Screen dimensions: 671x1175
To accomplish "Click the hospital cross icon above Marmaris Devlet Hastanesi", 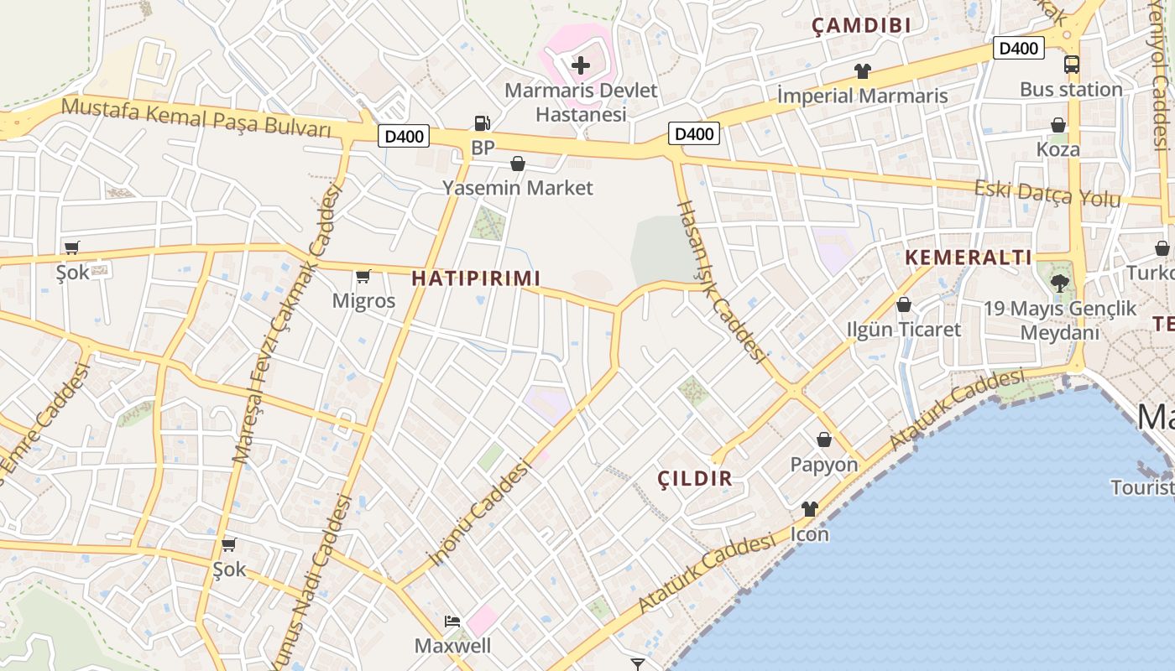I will point(580,65).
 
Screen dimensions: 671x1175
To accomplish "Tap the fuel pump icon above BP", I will point(482,123).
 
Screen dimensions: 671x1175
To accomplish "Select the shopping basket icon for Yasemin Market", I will point(518,164).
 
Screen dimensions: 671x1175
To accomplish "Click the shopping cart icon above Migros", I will point(363,276).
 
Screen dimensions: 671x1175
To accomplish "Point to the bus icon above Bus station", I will point(1071,64).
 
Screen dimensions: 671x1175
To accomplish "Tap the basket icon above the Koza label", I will point(1058,125).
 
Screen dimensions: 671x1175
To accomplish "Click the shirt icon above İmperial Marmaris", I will point(862,71).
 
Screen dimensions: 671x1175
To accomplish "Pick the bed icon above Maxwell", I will point(452,622).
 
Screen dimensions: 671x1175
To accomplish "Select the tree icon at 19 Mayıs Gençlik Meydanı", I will point(1059,282).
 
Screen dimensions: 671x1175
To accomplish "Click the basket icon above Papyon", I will point(824,440).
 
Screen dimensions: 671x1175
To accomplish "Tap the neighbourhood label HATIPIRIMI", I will point(476,278).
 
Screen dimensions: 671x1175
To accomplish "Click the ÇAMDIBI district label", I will point(861,26).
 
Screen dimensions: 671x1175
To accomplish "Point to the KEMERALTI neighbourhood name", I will point(969,257).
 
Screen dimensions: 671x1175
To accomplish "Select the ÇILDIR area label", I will point(695,479).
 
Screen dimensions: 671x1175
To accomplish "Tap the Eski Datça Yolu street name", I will point(1047,194).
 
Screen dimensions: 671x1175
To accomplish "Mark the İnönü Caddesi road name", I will point(481,513).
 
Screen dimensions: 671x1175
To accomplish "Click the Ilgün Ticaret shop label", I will point(903,329).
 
